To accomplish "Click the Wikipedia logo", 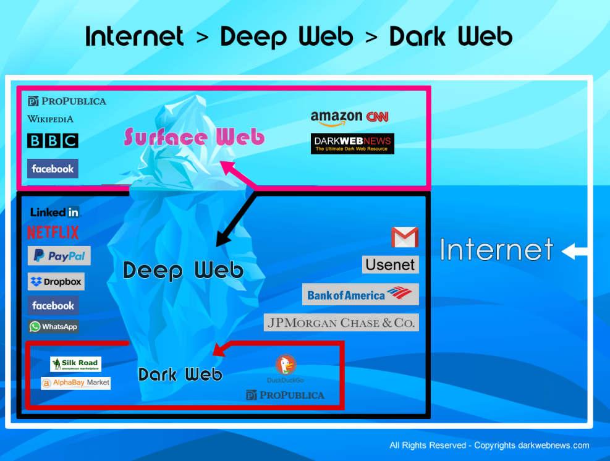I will [x=50, y=119].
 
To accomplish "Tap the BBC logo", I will [x=53, y=141].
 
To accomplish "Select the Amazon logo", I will [x=336, y=117].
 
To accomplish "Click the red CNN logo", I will [x=377, y=117].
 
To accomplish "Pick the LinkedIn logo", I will [x=55, y=213].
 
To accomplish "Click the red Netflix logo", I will [x=53, y=233].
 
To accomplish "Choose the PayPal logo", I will [x=59, y=256].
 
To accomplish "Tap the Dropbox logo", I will [x=56, y=282].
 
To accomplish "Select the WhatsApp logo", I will [x=53, y=327].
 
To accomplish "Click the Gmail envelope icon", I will [x=405, y=237].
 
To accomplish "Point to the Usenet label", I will [x=390, y=265].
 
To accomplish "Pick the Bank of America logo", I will [x=360, y=295].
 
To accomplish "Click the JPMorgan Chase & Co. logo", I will [x=341, y=323].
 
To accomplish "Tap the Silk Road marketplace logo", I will [x=75, y=364].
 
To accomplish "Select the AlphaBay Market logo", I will [x=75, y=383].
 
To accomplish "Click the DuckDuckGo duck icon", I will [x=285, y=365].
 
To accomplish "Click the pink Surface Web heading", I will [x=194, y=137].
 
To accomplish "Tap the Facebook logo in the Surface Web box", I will [x=53, y=169].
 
